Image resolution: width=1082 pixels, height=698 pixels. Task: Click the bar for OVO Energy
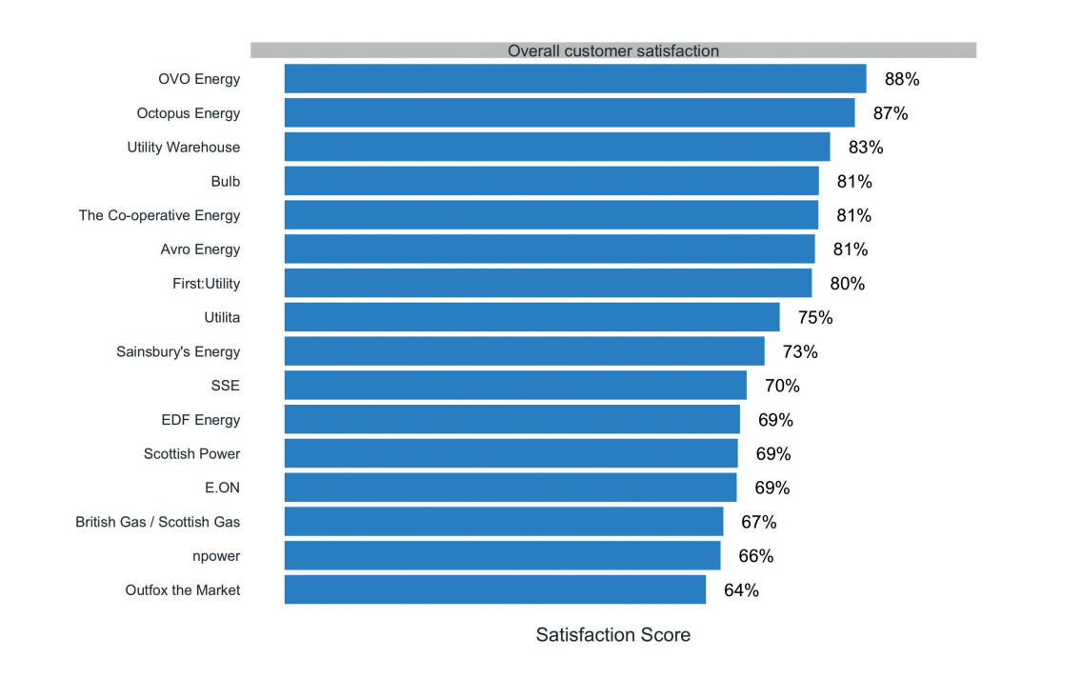(574, 79)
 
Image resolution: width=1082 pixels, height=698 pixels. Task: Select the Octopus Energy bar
(569, 113)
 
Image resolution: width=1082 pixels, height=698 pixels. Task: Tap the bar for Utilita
(531, 317)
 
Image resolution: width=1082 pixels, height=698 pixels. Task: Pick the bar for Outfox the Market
(494, 590)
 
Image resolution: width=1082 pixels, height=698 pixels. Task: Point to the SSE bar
(515, 386)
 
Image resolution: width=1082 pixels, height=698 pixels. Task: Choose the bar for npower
(502, 556)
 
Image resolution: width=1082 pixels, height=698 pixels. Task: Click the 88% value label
(902, 79)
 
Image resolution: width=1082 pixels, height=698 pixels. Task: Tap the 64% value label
(741, 590)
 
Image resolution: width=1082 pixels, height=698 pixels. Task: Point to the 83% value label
(866, 148)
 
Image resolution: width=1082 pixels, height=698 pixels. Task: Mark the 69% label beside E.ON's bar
(771, 488)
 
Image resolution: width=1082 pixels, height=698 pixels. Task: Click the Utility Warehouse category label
(184, 148)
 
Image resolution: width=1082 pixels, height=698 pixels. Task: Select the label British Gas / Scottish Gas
(158, 522)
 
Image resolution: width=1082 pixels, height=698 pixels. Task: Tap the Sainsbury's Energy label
(178, 351)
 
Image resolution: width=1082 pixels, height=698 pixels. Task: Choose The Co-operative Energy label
(159, 215)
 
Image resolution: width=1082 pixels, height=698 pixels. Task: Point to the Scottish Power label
(191, 454)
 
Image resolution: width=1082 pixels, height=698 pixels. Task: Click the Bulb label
(226, 181)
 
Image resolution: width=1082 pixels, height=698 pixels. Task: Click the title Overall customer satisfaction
(612, 50)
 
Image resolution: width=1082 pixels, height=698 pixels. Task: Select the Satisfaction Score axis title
(612, 635)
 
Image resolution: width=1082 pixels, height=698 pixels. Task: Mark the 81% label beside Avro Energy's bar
(851, 249)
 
